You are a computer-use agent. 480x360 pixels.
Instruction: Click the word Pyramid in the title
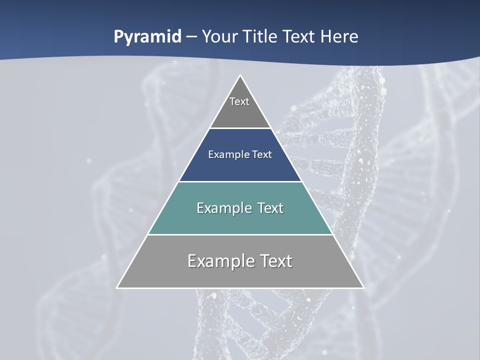click(147, 37)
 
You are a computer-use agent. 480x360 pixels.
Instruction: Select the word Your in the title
click(218, 37)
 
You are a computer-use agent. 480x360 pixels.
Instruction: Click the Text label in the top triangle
click(239, 101)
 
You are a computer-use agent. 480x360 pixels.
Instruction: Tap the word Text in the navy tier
click(262, 154)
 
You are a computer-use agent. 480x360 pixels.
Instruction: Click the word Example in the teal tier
click(221, 208)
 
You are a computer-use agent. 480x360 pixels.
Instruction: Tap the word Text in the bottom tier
click(274, 261)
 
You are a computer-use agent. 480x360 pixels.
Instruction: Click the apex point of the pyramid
click(240, 75)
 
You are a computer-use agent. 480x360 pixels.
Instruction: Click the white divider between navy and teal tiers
click(240, 181)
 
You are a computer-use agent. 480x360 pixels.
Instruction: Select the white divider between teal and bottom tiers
click(240, 234)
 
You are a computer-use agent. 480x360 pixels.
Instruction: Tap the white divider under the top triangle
click(240, 128)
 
